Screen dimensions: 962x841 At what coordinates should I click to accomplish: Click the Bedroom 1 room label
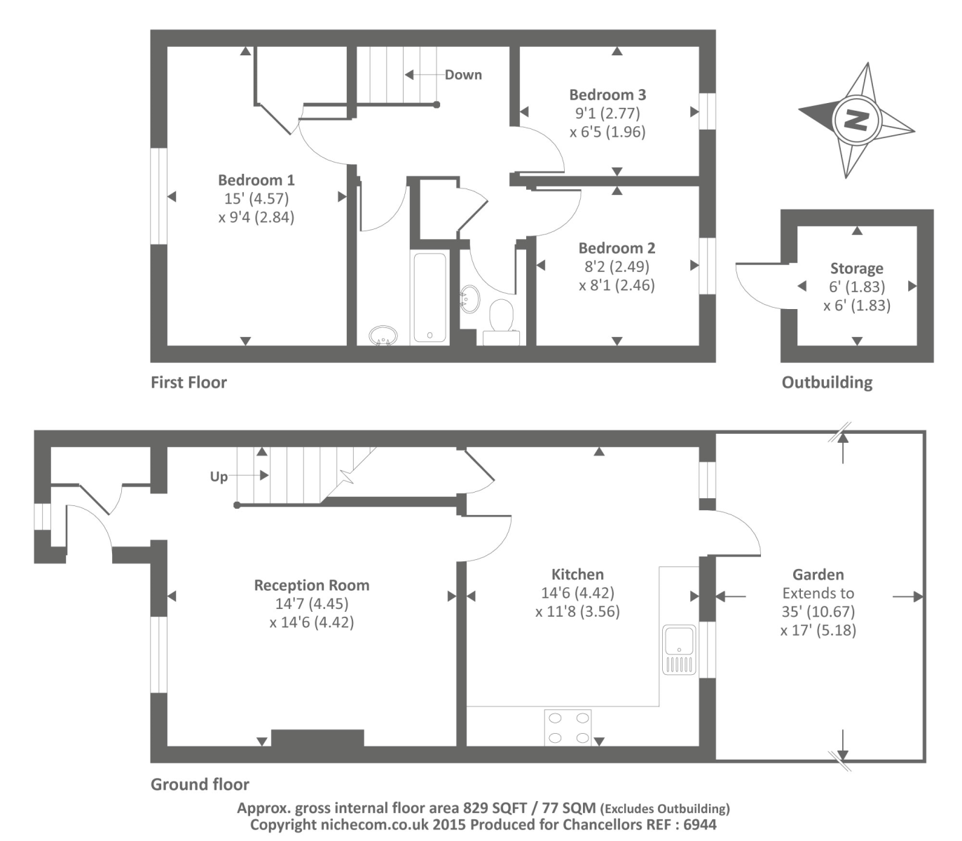point(256,180)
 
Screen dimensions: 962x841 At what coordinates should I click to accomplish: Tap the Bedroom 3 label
point(607,95)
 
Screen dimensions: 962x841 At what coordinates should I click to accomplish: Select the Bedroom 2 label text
point(617,248)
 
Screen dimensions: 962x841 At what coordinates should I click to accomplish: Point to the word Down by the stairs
point(463,75)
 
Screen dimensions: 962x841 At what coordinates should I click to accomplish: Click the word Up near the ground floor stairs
point(219,477)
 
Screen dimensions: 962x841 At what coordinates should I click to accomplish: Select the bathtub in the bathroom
point(430,297)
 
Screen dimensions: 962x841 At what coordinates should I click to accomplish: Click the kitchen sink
point(679,650)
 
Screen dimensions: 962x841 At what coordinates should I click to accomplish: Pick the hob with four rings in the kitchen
point(568,727)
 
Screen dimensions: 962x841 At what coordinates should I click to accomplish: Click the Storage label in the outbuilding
point(857,268)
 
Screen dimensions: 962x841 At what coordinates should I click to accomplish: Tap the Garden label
point(818,574)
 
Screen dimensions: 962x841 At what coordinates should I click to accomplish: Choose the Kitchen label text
point(577,574)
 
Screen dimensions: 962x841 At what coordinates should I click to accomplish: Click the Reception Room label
point(312,585)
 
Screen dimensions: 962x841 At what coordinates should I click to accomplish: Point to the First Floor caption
point(188,383)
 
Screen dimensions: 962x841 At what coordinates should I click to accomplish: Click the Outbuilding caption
point(827,383)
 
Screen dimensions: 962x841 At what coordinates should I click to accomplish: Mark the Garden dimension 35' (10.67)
point(818,611)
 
